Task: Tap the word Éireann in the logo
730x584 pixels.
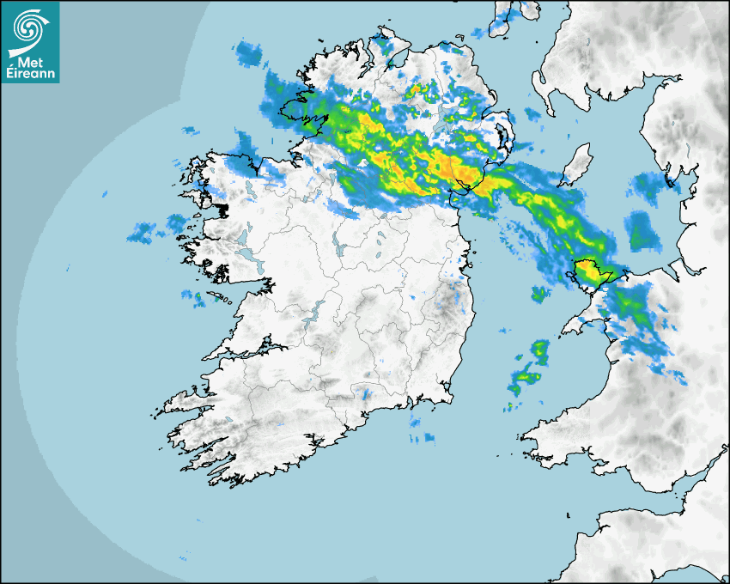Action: click(32, 73)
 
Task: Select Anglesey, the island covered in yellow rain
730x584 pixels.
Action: click(590, 272)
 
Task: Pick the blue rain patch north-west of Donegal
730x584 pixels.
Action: click(251, 52)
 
